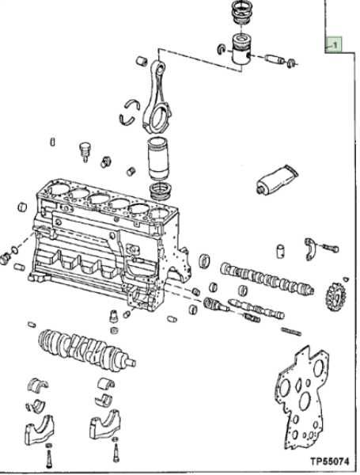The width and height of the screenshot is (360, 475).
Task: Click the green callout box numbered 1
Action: pos(334,46)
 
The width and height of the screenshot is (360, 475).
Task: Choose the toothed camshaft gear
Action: pos(334,298)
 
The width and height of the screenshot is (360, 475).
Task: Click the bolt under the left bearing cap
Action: pos(50,457)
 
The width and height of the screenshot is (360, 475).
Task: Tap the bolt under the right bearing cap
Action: pos(116,456)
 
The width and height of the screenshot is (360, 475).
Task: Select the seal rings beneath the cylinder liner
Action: pos(161,191)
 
